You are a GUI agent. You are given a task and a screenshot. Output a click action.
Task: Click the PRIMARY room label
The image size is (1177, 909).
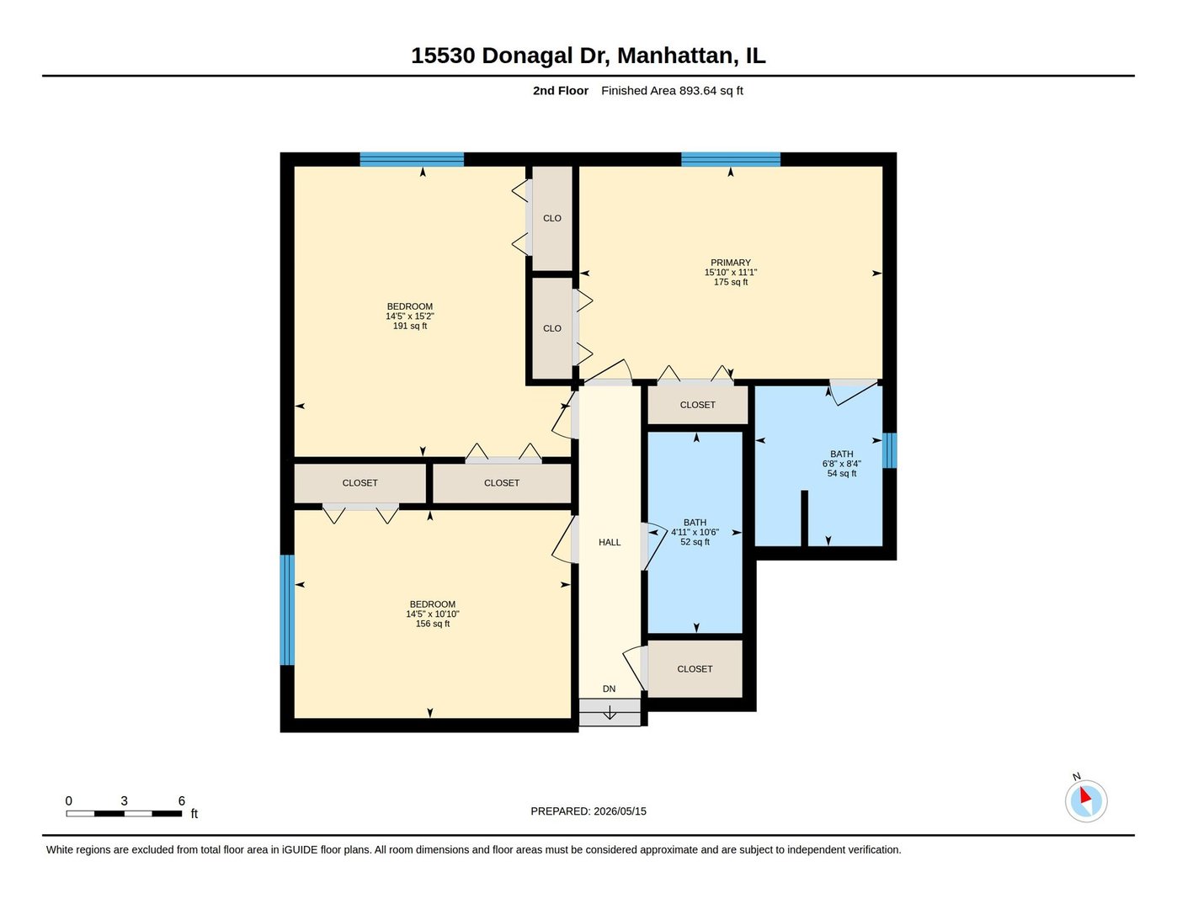pyautogui.click(x=730, y=263)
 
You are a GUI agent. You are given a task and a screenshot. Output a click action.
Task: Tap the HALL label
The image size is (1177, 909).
pyautogui.click(x=610, y=542)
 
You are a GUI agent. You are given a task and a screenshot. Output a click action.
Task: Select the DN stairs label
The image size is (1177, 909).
pyautogui.click(x=609, y=688)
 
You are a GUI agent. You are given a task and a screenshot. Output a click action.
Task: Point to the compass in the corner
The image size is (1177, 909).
pyautogui.click(x=1085, y=800)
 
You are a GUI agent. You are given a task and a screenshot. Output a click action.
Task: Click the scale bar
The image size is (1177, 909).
pyautogui.click(x=124, y=813)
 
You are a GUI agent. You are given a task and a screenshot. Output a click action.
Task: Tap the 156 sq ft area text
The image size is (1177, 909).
pyautogui.click(x=432, y=624)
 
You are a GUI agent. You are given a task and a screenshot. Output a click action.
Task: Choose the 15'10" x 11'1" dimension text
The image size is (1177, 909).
pyautogui.click(x=730, y=273)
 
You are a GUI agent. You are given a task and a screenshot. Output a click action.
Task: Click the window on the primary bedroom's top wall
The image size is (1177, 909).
pyautogui.click(x=730, y=159)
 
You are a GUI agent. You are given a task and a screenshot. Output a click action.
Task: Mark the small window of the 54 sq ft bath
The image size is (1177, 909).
pyautogui.click(x=889, y=450)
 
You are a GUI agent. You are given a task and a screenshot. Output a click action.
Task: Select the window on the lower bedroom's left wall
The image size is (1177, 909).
pyautogui.click(x=287, y=609)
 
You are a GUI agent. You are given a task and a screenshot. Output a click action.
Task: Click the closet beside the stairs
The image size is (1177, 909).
pyautogui.click(x=695, y=668)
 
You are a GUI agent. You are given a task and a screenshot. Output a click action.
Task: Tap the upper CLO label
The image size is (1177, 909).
pyautogui.click(x=552, y=218)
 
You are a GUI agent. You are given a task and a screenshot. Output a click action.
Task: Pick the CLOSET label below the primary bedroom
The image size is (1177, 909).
pyautogui.click(x=697, y=405)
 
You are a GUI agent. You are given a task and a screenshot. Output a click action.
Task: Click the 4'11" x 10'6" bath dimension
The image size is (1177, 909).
pyautogui.click(x=695, y=532)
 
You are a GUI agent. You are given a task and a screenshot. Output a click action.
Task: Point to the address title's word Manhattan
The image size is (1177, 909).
pyautogui.click(x=675, y=56)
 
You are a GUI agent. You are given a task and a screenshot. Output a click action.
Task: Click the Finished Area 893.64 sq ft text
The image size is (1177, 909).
pyautogui.click(x=672, y=90)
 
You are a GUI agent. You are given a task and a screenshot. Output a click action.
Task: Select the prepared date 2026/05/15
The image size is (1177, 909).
pyautogui.click(x=620, y=811)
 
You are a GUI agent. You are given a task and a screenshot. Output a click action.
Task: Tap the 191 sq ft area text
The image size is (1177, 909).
pyautogui.click(x=409, y=326)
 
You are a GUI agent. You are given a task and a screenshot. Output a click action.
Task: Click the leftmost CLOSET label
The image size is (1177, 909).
pyautogui.click(x=359, y=483)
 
